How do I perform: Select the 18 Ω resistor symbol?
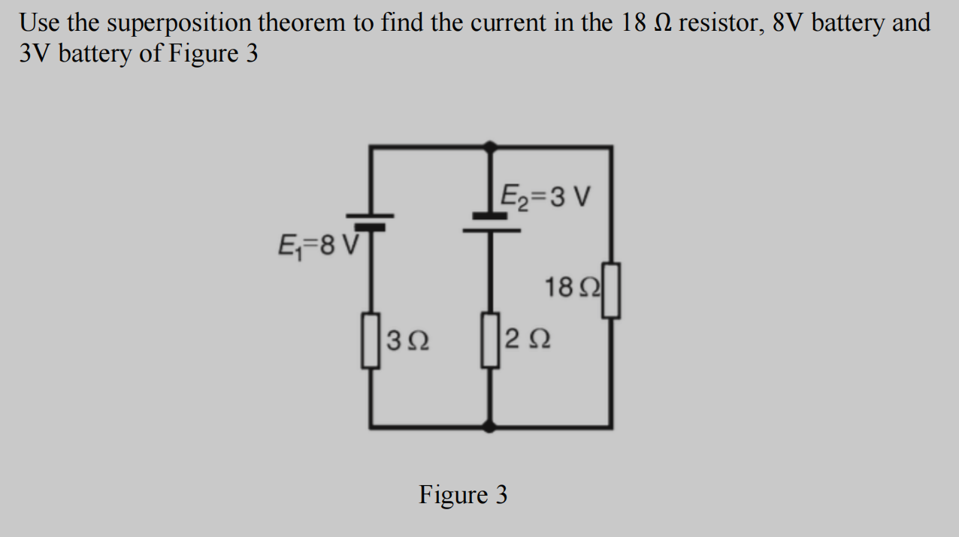tap(612, 290)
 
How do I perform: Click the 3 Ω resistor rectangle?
tap(371, 340)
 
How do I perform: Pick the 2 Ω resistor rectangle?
tap(491, 340)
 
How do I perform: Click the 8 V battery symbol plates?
tap(369, 222)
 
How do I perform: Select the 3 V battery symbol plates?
tap(491, 222)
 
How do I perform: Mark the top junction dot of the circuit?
tap(490, 146)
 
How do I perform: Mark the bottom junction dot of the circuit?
tap(490, 427)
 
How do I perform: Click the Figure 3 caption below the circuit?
tap(463, 495)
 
